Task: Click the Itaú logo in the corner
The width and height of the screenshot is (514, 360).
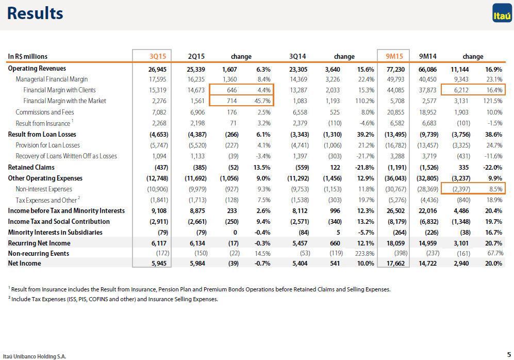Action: click(502, 13)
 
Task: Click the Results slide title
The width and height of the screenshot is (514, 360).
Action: click(35, 13)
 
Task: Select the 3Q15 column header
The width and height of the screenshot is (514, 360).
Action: click(158, 56)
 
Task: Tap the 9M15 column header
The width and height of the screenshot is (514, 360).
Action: click(394, 56)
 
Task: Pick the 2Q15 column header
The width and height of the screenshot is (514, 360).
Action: click(196, 56)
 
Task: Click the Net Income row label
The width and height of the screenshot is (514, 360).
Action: click(25, 263)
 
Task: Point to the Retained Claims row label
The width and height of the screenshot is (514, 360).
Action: click(31, 167)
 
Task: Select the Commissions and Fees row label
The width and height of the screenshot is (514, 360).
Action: click(45, 112)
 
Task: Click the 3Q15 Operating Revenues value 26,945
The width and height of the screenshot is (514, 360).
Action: click(157, 70)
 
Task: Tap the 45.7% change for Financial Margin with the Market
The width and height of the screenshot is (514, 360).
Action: click(262, 101)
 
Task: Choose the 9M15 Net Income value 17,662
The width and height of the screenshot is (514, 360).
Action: click(395, 263)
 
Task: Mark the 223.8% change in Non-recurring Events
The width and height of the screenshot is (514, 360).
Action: click(364, 253)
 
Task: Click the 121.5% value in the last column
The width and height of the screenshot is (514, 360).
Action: click(493, 101)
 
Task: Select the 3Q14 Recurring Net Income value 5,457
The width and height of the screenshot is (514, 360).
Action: click(300, 243)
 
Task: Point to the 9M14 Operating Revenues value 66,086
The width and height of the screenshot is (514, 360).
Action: click(428, 70)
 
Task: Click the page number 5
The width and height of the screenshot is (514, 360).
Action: click(509, 354)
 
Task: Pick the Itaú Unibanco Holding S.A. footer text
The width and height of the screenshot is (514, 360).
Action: click(35, 356)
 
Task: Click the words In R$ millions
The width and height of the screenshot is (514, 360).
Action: click(27, 56)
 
